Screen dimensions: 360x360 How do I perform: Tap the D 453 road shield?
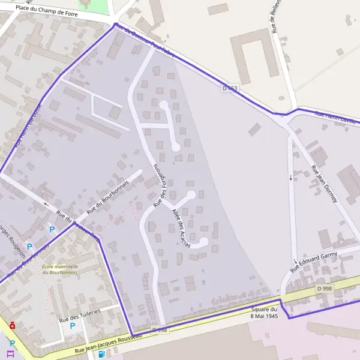pyautogui.click(x=229, y=89)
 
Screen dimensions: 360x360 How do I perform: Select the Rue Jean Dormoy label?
pyautogui.click(x=323, y=184)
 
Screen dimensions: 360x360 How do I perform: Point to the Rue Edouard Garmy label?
pyautogui.click(x=314, y=262)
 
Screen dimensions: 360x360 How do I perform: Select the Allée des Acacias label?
pyautogui.click(x=181, y=229)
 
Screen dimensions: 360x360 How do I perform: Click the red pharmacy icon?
pyautogui.click(x=13, y=325)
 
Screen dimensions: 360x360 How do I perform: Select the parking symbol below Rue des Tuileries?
pyautogui.click(x=73, y=326)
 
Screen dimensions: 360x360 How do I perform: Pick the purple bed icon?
pyautogui.click(x=10, y=354)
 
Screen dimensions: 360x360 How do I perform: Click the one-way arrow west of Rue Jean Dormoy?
pyautogui.click(x=292, y=178)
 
